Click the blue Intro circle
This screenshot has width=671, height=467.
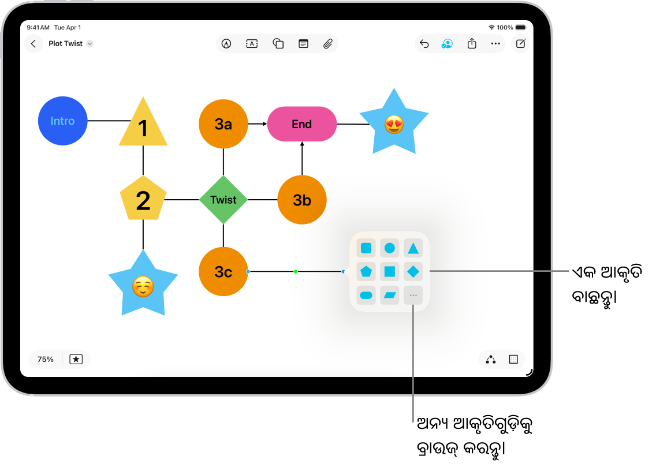point(62,121)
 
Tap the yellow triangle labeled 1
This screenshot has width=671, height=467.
point(143,126)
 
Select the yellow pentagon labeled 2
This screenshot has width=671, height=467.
point(143,200)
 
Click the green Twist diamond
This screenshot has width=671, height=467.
point(223,200)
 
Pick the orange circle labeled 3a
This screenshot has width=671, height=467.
point(223,124)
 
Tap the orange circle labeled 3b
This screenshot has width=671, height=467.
point(302,200)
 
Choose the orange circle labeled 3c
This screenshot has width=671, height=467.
point(223,271)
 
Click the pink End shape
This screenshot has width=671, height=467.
point(301,124)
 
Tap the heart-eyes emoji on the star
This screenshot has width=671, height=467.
point(394,124)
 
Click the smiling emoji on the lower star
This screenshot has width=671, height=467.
point(143,286)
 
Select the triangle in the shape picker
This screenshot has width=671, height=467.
point(413,248)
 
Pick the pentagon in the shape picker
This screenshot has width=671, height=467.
point(366,271)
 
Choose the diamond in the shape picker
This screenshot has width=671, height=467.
point(413,271)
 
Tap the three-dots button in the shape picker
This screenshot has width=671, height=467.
point(413,296)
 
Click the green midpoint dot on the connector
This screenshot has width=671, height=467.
point(296,271)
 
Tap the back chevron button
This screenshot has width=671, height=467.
point(33,44)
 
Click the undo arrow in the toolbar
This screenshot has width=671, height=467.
point(424,44)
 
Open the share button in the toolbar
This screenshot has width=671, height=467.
point(472,44)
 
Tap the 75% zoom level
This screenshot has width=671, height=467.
point(46,359)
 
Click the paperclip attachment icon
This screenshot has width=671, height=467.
point(327,44)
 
